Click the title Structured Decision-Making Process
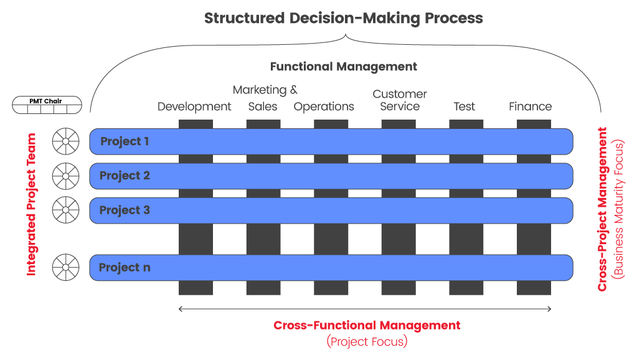(344, 19)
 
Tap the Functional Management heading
(344, 67)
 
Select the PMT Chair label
(45, 101)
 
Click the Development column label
(194, 107)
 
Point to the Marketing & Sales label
(265, 98)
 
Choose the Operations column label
(324, 107)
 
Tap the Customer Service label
(400, 100)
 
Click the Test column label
(465, 107)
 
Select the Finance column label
(530, 107)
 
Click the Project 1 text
(125, 141)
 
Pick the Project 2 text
(125, 176)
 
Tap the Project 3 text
(125, 210)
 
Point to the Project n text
(125, 267)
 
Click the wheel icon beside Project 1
(65, 141)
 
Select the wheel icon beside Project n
(65, 267)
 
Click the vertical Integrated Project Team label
(31, 204)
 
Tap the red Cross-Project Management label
(602, 209)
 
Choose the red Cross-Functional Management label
(367, 325)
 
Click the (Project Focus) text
(367, 341)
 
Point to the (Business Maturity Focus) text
(618, 209)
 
